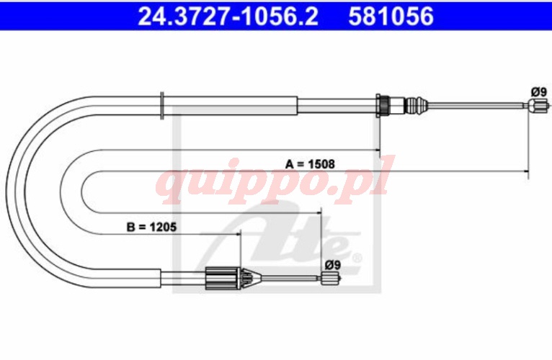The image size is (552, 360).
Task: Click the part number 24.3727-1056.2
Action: click(228, 16)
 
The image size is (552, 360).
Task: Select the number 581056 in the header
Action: click(391, 16)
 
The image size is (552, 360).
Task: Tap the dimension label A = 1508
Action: click(310, 164)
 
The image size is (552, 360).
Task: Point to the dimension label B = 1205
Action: click(152, 227)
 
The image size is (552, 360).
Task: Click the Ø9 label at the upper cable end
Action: click(538, 92)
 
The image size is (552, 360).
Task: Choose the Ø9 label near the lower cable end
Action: click(333, 265)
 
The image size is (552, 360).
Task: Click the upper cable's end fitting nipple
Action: click(538, 105)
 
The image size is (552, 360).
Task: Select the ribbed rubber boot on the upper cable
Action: click(416, 104)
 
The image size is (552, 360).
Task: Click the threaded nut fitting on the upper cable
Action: click(383, 104)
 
